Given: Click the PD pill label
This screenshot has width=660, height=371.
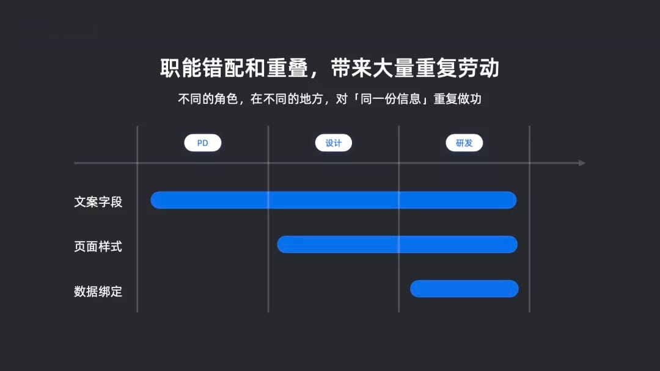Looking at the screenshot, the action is [202, 143].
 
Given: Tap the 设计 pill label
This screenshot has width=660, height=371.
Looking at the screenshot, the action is [334, 143].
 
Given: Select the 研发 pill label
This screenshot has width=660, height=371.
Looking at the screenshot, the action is [464, 143].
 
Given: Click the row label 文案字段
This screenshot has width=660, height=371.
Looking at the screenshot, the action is [98, 202].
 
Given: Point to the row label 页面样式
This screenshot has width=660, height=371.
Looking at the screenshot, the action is [98, 246].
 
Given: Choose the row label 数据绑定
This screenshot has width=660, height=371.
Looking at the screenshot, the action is [98, 291].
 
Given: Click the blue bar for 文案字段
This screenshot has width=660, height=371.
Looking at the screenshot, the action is [334, 200].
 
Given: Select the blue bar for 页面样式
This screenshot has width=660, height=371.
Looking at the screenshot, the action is [397, 245].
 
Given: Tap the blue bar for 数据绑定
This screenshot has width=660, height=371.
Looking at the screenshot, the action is [464, 289].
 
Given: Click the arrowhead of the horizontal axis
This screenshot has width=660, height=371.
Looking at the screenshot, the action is [582, 162].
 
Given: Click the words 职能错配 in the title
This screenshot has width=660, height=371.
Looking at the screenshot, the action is [202, 68].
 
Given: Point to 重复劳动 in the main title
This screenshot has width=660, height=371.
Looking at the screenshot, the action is [457, 68].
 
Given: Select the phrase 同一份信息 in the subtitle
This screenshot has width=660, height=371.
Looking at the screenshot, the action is [391, 99].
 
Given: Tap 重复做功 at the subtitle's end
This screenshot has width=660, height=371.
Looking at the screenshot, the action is [458, 99].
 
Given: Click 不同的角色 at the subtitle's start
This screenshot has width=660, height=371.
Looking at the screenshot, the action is [208, 99].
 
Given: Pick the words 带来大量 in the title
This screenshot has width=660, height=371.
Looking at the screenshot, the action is [373, 68].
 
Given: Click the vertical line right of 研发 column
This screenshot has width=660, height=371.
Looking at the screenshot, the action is [529, 219].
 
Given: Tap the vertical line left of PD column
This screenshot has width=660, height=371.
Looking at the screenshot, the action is [137, 219].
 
